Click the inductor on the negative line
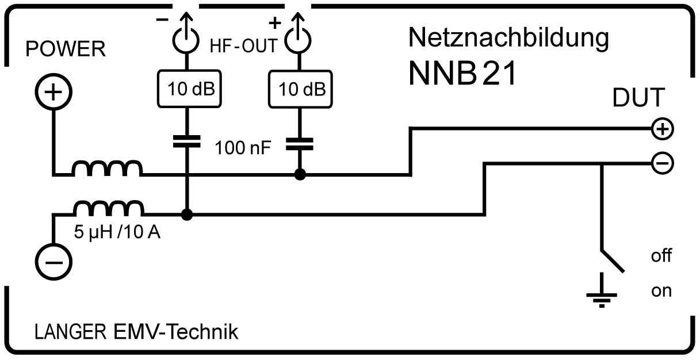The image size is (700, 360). (108, 208)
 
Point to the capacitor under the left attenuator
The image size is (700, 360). (187, 141)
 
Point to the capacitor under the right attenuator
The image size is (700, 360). (299, 141)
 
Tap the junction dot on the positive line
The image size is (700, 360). (299, 174)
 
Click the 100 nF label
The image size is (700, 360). (242, 149)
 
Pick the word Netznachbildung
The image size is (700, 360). (508, 39)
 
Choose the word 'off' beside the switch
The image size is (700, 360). (661, 255)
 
